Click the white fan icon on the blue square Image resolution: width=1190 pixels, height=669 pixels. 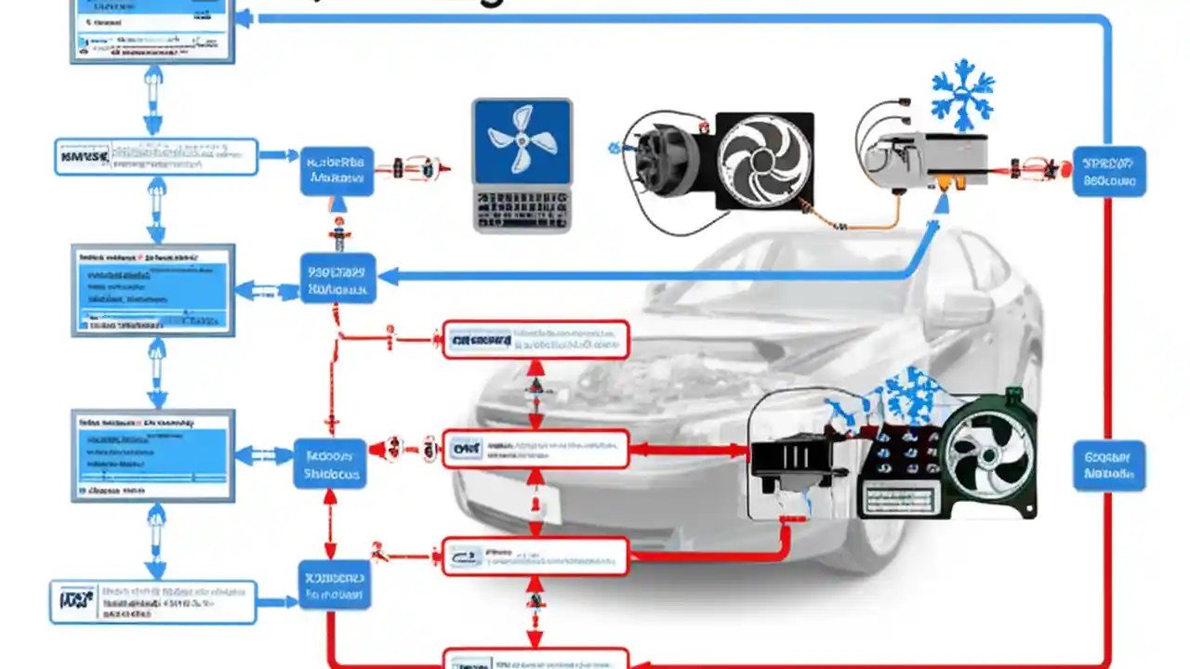click(x=522, y=140)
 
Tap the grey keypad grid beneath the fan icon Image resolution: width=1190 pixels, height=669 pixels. click(x=522, y=208)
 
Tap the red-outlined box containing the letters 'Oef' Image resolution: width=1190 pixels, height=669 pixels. click(x=535, y=450)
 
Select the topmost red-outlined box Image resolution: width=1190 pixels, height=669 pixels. click(x=535, y=340)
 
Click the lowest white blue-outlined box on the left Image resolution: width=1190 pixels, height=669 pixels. click(x=152, y=602)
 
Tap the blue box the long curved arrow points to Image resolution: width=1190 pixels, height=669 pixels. click(x=338, y=277)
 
